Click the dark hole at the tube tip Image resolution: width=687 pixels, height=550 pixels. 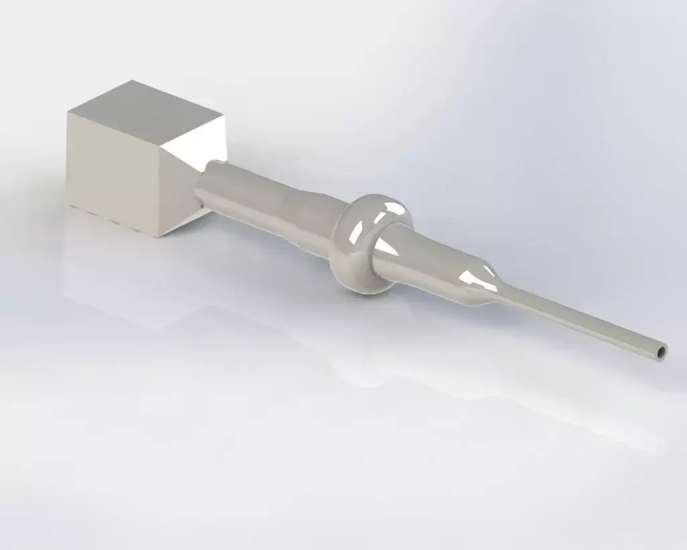pos(662,351)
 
